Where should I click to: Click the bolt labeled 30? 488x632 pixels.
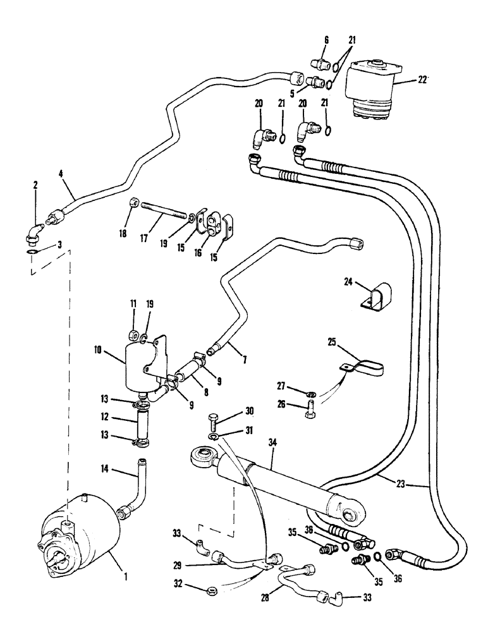(x=213, y=420)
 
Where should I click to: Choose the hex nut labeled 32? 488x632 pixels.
(x=212, y=590)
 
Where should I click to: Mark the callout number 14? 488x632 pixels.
(x=103, y=469)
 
